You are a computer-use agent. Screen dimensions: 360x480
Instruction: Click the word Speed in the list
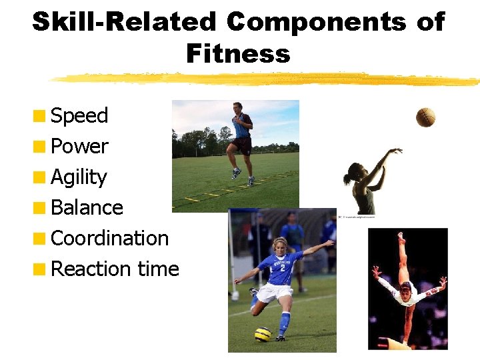point(79,116)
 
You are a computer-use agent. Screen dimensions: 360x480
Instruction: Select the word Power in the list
point(79,147)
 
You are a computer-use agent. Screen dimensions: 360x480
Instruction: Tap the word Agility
point(79,177)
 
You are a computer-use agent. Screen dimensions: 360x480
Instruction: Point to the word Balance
point(87,208)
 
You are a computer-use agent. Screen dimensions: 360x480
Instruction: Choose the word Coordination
point(109,238)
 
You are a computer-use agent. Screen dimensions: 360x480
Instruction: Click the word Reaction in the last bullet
point(91,269)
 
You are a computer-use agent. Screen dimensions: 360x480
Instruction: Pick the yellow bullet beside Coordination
point(41,239)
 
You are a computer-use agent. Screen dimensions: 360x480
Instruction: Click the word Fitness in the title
point(238,53)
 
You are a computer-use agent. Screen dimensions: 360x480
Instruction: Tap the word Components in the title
point(316,22)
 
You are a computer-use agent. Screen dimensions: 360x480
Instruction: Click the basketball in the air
point(425,117)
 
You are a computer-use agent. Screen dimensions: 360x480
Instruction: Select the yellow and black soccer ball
point(263,334)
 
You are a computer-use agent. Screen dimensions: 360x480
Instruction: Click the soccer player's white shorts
point(275,292)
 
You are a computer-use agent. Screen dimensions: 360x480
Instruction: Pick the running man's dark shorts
point(241,143)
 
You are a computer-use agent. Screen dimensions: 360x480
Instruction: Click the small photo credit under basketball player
point(357,217)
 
